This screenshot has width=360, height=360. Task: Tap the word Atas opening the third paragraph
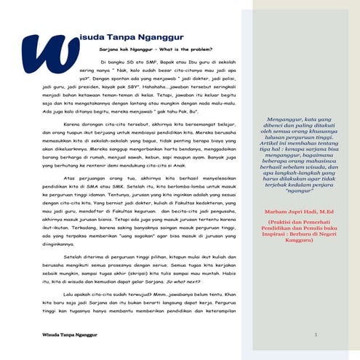tap(71, 177)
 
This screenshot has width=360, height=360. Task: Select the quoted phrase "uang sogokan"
tap(119, 236)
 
